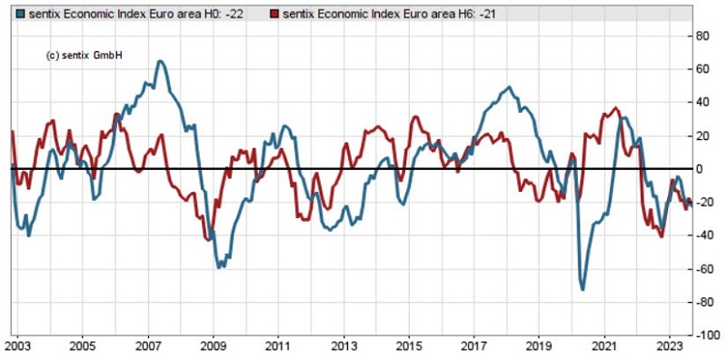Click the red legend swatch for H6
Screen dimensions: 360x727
click(x=274, y=15)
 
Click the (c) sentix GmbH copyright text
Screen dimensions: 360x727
click(x=84, y=55)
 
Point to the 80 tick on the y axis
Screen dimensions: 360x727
click(x=701, y=35)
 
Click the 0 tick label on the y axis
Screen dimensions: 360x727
click(x=698, y=169)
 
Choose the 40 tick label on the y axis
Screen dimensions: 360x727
click(x=701, y=103)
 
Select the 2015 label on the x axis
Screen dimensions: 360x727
click(x=409, y=346)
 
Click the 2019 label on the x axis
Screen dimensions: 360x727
click(x=540, y=346)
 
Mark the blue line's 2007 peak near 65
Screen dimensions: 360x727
click(x=160, y=61)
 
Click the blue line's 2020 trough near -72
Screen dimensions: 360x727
click(x=582, y=289)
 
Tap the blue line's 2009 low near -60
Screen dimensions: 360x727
click(x=219, y=267)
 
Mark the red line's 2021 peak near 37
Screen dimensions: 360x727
click(x=616, y=108)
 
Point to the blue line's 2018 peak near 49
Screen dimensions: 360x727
click(x=508, y=87)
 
